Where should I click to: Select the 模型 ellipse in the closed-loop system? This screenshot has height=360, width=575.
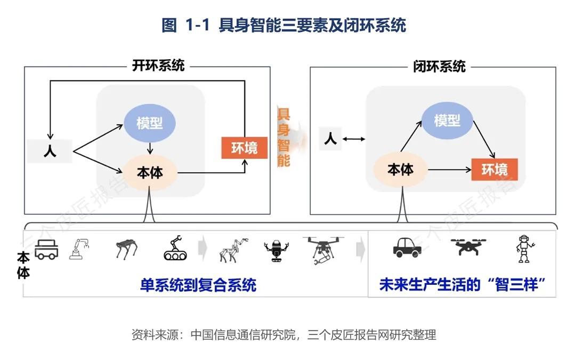click(x=447, y=121)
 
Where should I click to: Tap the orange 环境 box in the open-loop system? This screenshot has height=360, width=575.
click(x=245, y=148)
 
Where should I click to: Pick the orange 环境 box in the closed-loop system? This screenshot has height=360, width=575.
click(x=495, y=170)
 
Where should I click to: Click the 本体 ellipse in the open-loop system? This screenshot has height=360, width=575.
click(x=150, y=173)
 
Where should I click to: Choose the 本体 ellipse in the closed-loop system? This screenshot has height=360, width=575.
click(x=400, y=170)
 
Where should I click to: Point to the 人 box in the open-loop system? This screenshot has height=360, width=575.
click(x=50, y=151)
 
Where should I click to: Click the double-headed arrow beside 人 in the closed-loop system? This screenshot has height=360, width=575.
click(x=354, y=139)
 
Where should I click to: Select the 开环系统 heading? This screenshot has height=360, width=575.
click(x=158, y=66)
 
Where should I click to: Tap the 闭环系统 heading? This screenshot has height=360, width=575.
click(x=440, y=66)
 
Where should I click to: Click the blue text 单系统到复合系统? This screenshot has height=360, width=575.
click(x=198, y=285)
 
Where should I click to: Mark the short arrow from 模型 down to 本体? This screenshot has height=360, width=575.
click(x=151, y=148)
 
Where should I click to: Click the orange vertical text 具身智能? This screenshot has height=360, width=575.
click(x=284, y=137)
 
